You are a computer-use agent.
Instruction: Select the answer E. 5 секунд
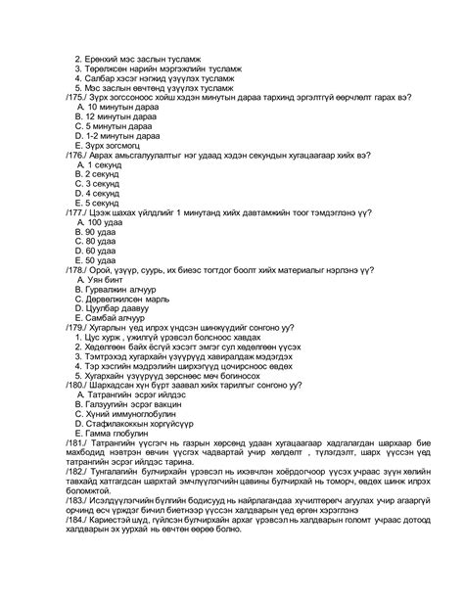(x=96, y=205)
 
